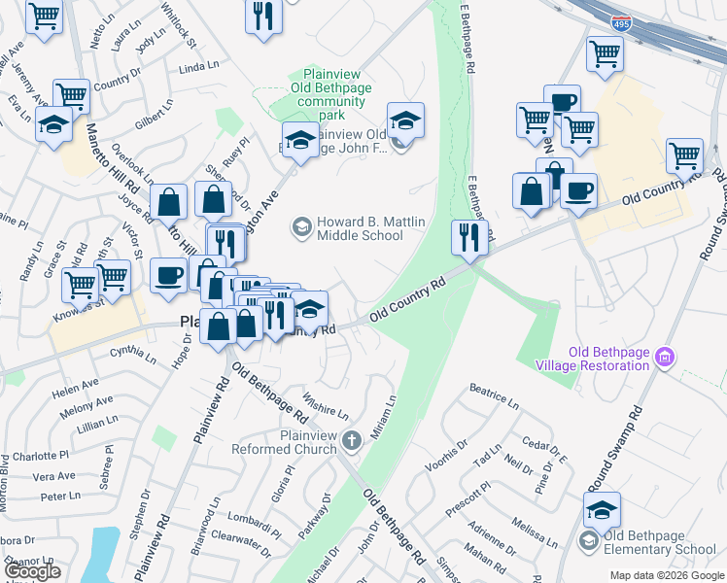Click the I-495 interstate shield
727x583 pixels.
coord(619,21)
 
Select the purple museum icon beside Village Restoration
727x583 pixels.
coord(666,358)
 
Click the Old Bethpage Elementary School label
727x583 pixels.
coord(659,542)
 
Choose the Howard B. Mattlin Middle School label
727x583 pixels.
coord(360,229)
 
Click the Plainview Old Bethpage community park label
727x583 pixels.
coord(333,86)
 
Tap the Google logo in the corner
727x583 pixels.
coord(31,571)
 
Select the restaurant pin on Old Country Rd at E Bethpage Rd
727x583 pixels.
coord(470,238)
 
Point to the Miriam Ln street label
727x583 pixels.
coord(386,411)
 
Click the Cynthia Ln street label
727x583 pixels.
coord(133,355)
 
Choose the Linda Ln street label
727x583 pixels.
coord(199,67)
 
